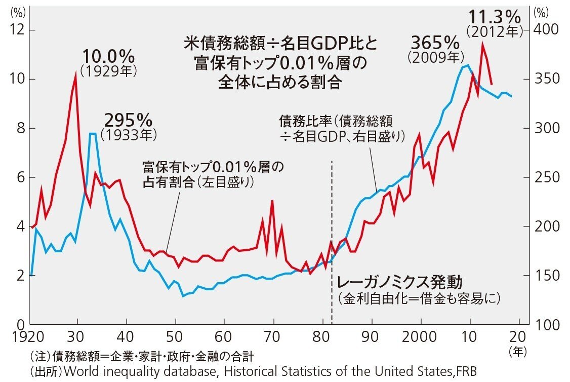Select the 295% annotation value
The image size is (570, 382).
pyautogui.click(x=128, y=121)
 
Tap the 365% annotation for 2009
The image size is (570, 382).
pyautogui.click(x=435, y=42)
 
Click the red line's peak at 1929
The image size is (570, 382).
pyautogui.click(x=76, y=74)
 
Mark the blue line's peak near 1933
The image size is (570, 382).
pyautogui.click(x=93, y=134)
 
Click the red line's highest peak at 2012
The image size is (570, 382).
pyautogui.click(x=483, y=44)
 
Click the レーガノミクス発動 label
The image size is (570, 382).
pyautogui.click(x=400, y=282)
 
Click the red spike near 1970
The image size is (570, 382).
pyautogui.click(x=272, y=202)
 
